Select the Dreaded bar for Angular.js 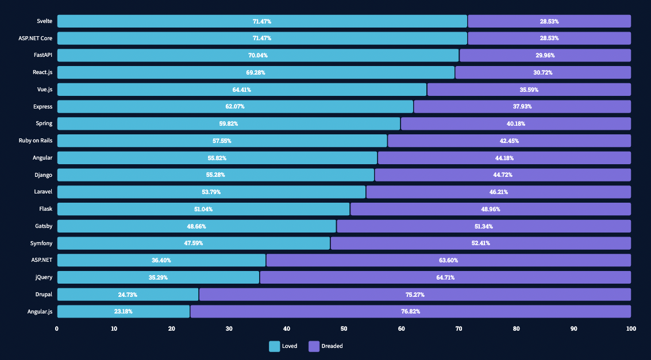point(410,311)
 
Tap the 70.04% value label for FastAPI point(258,56)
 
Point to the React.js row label point(43,72)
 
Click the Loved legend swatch point(275,346)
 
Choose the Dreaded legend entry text point(332,346)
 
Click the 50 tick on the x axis point(344,328)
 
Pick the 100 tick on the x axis point(630,328)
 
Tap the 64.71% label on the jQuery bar point(445,277)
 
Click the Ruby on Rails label point(36,141)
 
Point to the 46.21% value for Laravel point(498,192)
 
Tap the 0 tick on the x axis point(57,328)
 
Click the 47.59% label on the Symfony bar point(193,243)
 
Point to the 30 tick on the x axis point(229,328)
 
